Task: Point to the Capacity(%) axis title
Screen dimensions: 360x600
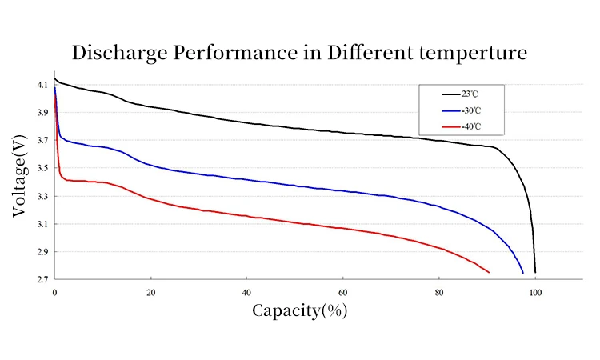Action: pos(300,310)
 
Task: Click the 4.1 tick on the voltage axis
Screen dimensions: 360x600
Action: pos(42,85)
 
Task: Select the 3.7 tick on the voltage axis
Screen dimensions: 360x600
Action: pos(42,141)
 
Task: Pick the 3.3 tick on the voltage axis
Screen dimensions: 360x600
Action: pos(42,196)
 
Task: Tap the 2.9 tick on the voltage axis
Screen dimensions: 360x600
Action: pos(42,252)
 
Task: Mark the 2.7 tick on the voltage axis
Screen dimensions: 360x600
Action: pos(42,279)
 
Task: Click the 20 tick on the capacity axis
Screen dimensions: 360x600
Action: pos(150,292)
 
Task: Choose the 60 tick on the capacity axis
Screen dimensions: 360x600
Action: pos(342,292)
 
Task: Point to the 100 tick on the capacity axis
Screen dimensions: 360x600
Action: pos(534,292)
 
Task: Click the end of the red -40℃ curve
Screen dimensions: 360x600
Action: pos(488,273)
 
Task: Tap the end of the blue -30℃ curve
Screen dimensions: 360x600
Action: pos(523,273)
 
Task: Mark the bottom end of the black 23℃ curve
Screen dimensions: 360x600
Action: pos(535,273)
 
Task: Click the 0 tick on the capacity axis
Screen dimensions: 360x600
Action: pos(54,292)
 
